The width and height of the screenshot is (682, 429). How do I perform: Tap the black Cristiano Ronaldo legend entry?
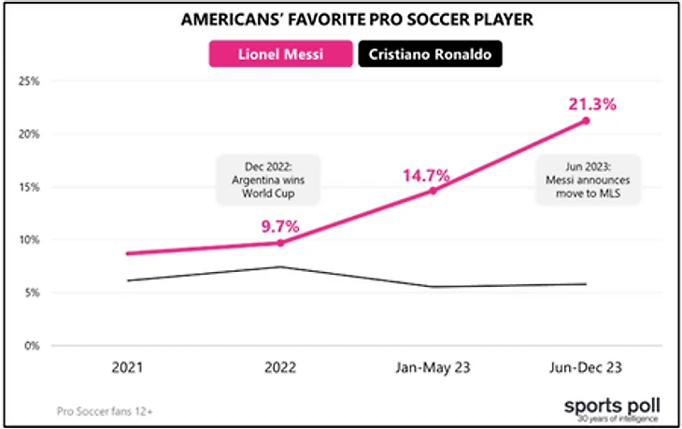[431, 54]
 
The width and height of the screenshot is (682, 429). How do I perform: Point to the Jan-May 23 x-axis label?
[433, 367]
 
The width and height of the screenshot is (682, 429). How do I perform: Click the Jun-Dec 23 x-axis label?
[586, 367]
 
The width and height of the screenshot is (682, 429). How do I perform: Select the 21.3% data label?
[589, 104]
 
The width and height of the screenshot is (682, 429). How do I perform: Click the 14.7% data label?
[427, 174]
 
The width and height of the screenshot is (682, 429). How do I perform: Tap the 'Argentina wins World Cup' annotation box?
[268, 179]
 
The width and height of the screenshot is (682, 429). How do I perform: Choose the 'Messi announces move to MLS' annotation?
[587, 179]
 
